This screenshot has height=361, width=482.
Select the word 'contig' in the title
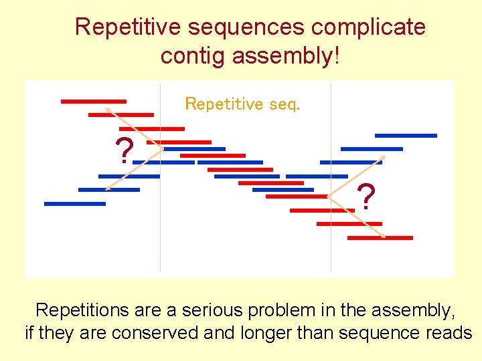tap(192, 56)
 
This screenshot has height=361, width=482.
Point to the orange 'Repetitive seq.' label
tap(242, 104)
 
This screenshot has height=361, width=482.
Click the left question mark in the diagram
tap(123, 151)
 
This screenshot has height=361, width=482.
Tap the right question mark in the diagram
tap(366, 197)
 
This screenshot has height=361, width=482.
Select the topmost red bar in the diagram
tap(93, 102)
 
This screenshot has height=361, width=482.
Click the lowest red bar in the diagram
tap(389, 237)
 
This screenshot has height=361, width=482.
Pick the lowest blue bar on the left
tap(75, 203)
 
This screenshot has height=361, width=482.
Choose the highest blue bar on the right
tap(406, 136)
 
